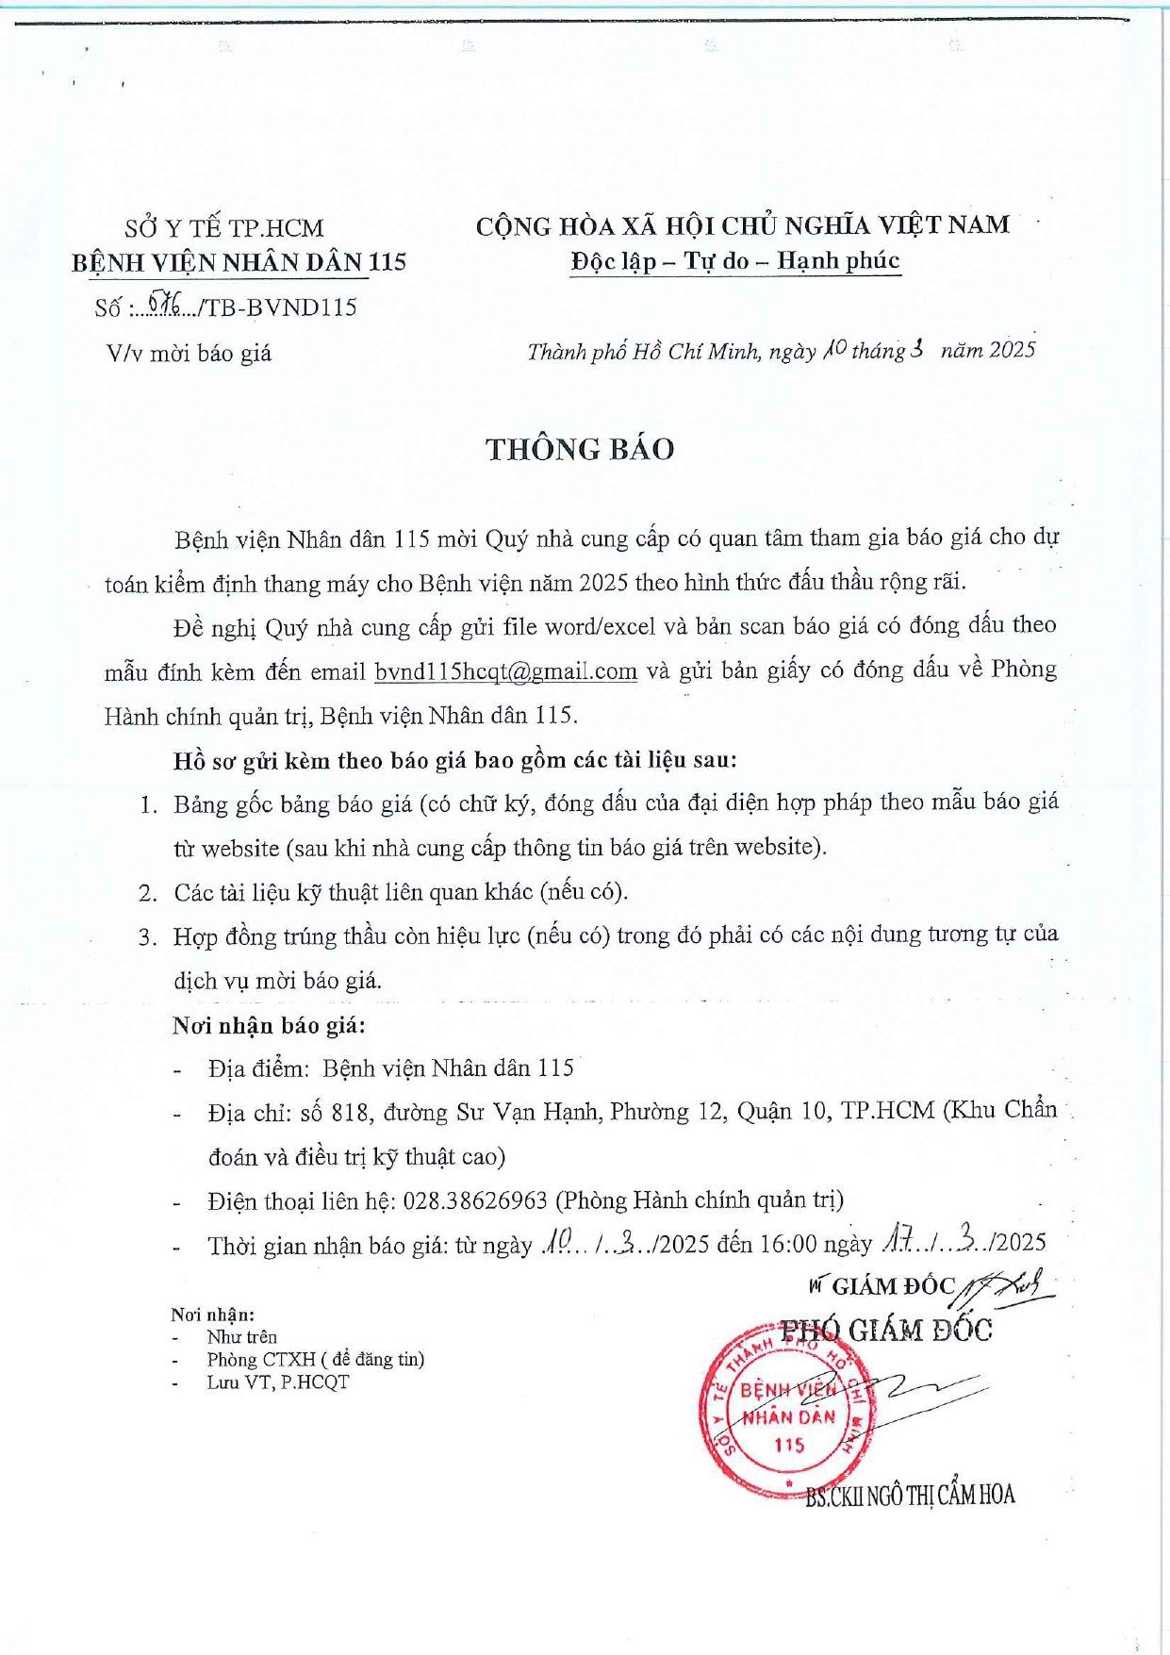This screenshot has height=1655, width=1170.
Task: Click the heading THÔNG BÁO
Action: point(580,449)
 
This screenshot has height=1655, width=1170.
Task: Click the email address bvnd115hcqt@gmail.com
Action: point(505,671)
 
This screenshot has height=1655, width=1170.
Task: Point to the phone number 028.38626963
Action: point(475,1200)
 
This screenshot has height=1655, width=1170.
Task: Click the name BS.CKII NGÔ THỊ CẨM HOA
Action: point(910,1495)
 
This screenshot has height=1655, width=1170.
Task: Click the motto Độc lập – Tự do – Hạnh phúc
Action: point(735,261)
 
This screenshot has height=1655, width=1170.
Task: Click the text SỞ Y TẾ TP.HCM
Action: point(224,228)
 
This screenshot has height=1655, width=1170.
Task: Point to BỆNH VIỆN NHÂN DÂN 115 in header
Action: point(239,262)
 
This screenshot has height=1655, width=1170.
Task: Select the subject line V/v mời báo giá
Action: point(190,354)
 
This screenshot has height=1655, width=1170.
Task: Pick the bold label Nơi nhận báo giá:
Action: point(269,1025)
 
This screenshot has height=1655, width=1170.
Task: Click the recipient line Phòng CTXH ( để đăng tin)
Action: point(316,1359)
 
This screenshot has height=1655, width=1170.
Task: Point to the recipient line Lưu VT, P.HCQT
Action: point(278,1382)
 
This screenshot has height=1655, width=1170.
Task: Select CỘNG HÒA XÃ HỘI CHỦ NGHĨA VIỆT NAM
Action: point(742,226)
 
